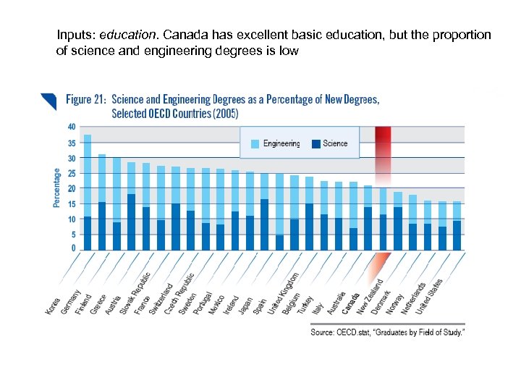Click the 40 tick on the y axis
(x=71, y=127)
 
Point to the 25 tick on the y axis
(x=71, y=173)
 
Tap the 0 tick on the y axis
(x=73, y=248)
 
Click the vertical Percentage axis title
(x=57, y=188)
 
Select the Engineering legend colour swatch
(x=255, y=143)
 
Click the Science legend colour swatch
(x=315, y=143)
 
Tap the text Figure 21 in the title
(x=86, y=99)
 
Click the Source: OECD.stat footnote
(x=388, y=332)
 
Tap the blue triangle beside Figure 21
(x=49, y=99)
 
